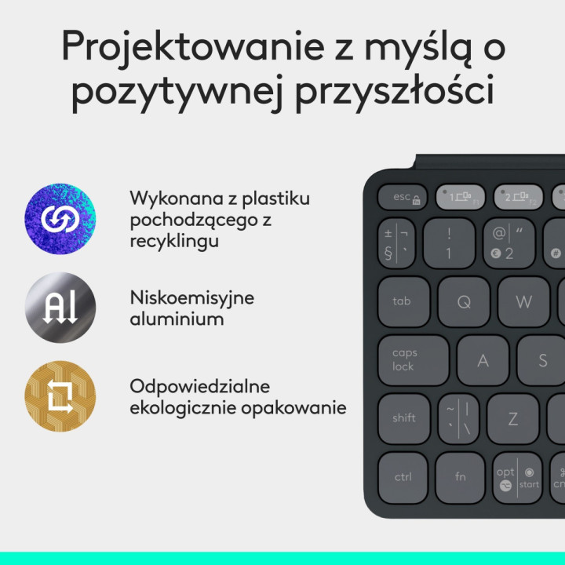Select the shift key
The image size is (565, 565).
point(403,418)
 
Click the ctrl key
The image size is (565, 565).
point(403,476)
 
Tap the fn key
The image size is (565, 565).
point(461,476)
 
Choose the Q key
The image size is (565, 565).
point(464,301)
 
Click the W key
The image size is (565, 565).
point(523,301)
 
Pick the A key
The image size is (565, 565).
point(483,361)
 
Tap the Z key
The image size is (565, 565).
point(512,418)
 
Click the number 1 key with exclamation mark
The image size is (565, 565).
point(449,243)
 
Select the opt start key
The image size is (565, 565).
point(518,478)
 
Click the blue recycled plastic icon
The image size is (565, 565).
point(60,219)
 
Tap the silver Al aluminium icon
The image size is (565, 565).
point(60,308)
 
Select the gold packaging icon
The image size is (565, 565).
point(60,396)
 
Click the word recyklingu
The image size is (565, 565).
point(174,241)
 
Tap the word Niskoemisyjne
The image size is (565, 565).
point(192,298)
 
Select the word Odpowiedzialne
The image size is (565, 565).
point(199,387)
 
